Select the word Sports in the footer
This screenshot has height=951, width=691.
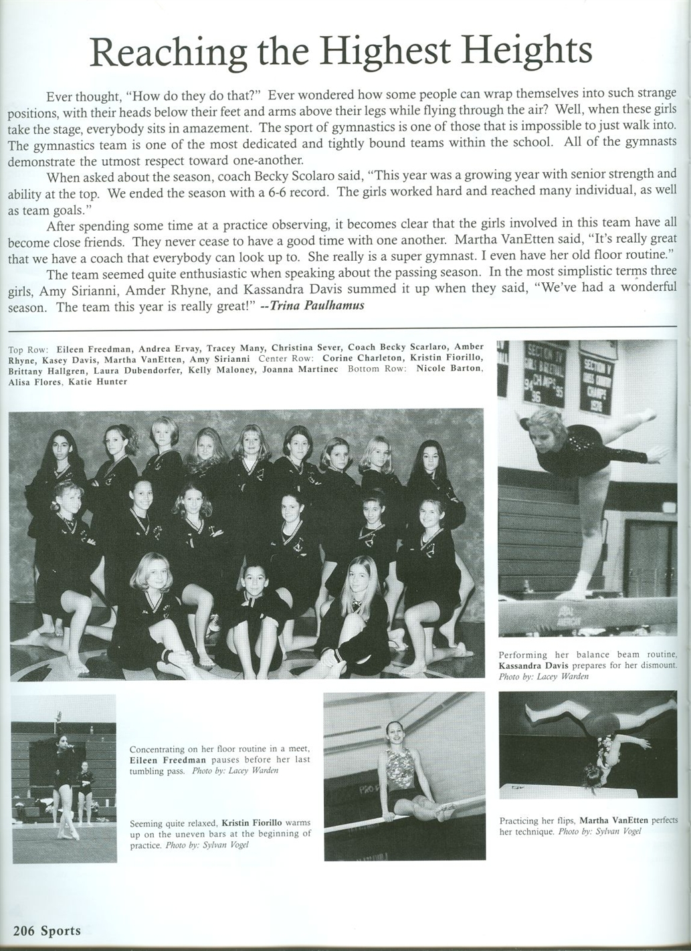60,930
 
